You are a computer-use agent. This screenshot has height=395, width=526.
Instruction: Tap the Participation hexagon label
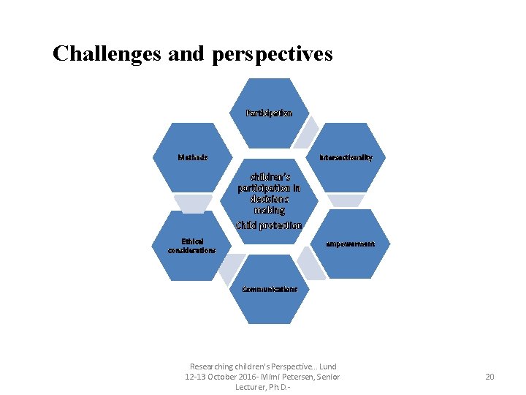click(x=269, y=113)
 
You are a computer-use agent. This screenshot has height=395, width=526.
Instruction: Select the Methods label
click(x=193, y=157)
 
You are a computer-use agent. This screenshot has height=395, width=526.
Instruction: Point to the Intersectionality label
click(x=346, y=157)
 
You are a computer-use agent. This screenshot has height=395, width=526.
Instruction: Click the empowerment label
click(x=351, y=244)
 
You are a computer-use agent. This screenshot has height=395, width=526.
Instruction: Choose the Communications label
click(x=270, y=289)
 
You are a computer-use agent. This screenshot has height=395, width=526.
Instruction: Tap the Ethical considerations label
click(x=191, y=245)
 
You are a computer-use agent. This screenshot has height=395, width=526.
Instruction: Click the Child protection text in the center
click(x=269, y=225)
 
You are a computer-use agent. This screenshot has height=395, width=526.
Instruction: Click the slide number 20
click(x=489, y=377)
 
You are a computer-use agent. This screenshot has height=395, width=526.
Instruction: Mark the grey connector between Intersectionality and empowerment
click(x=345, y=200)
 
